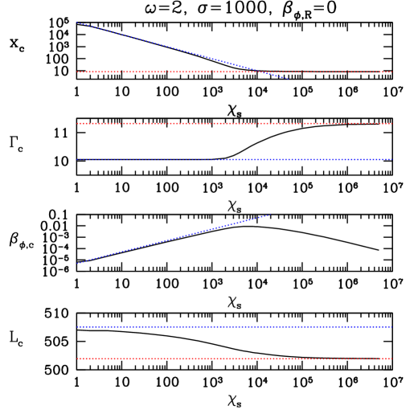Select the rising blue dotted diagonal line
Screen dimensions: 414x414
tap(173, 239)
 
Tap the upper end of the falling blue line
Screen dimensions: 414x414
tap(77, 23)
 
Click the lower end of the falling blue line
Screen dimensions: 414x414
tap(288, 79)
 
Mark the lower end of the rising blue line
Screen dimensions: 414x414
tap(77, 264)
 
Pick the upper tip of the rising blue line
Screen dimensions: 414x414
tap(269, 214)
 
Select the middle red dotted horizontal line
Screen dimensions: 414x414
tap(233, 124)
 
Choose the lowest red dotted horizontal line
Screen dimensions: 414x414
tap(233, 359)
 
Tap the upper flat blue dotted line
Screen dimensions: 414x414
tap(233, 159)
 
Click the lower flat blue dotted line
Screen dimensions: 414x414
tap(233, 327)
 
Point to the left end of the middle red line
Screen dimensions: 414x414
tap(77, 124)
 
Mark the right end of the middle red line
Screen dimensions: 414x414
tap(391, 124)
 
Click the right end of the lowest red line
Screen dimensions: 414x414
tap(391, 359)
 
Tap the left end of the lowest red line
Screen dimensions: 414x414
tap(77, 359)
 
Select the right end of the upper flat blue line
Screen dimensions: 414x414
tap(391, 159)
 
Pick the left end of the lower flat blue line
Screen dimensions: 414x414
tap(77, 327)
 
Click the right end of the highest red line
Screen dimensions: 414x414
tap(391, 72)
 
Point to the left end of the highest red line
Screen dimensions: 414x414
tap(77, 72)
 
